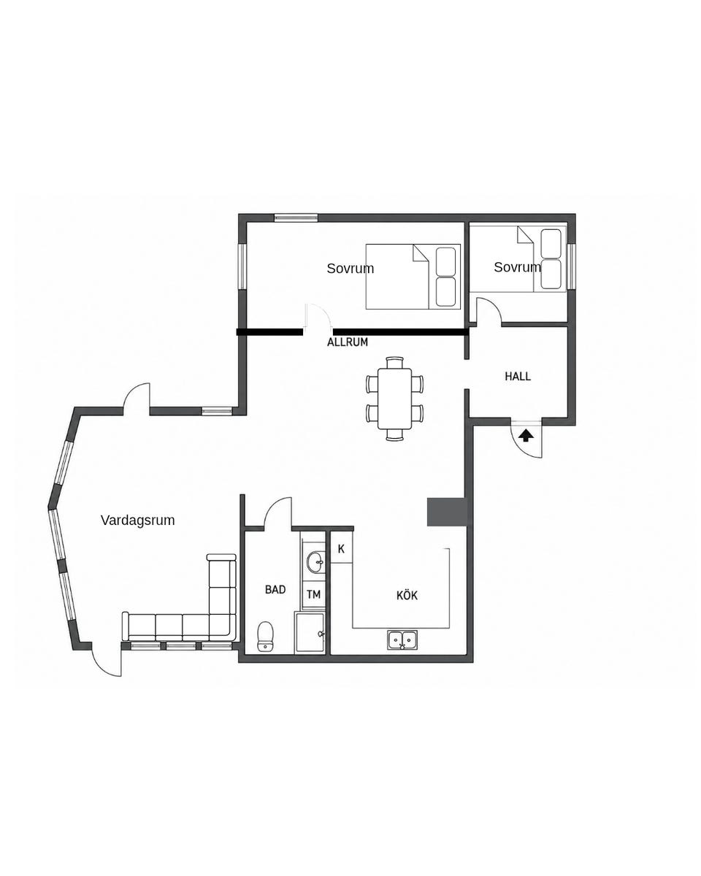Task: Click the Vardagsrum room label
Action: (137, 520)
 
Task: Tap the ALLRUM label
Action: (347, 342)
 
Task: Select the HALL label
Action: (517, 376)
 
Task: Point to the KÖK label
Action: (407, 595)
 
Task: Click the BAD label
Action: (275, 589)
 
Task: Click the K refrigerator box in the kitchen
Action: (341, 549)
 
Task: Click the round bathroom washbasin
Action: (315, 562)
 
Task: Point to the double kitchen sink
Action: (402, 640)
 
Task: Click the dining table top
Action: (395, 399)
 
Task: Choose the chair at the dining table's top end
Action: (395, 362)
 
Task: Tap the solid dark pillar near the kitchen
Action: (446, 512)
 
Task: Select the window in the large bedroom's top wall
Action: (296, 218)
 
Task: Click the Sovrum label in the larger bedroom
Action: (350, 268)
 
